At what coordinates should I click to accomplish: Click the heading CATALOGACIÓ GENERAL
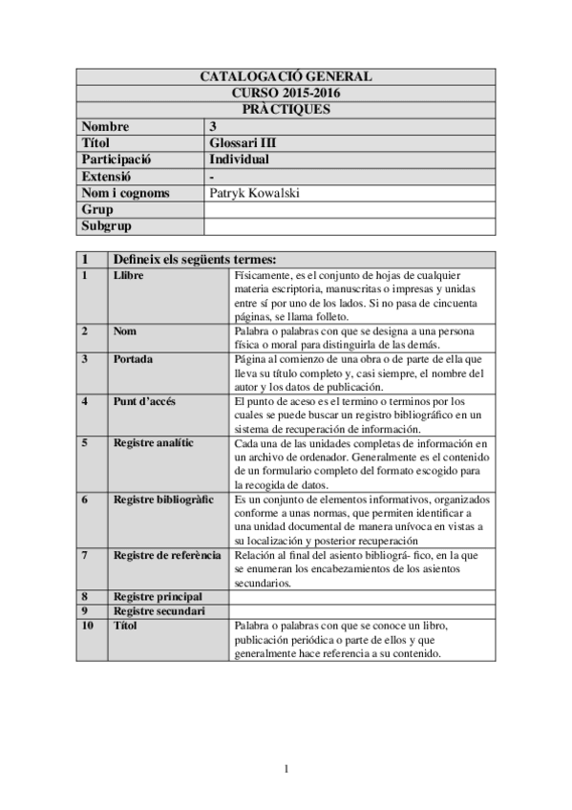point(286,76)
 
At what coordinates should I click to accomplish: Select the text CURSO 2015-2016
point(286,93)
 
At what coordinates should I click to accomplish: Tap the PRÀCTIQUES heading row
point(286,109)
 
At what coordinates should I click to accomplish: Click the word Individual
point(239,160)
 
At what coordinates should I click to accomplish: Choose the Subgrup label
point(106,226)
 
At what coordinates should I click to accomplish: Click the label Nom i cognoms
point(125,193)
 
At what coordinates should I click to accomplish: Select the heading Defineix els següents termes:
point(195,260)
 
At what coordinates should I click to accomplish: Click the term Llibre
point(130,276)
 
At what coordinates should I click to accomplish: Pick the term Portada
point(134,359)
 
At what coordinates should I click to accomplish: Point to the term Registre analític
point(153,443)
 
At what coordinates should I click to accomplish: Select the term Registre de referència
point(167,555)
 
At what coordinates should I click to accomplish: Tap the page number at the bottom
point(286,770)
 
